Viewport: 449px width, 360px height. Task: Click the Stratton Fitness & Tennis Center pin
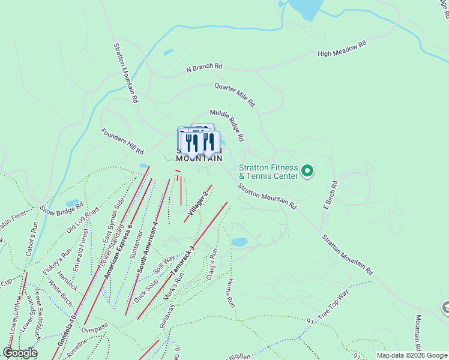307,172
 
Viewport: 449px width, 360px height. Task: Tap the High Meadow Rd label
342,49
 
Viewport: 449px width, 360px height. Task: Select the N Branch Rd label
204,68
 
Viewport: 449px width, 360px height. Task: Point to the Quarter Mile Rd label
235,95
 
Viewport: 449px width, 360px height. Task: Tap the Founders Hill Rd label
122,141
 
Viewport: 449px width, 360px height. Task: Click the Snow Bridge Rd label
62,207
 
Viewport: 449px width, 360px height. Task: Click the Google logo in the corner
20,353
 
